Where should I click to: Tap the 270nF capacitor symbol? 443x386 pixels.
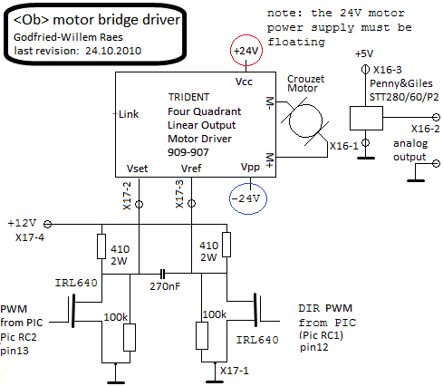[x=162, y=274]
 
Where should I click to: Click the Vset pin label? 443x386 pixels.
[x=137, y=169]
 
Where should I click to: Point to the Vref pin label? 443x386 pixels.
[x=191, y=169]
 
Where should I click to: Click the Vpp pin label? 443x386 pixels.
[x=250, y=167]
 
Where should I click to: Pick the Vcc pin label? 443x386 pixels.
[x=244, y=82]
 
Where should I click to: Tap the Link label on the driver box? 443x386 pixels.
[x=129, y=114]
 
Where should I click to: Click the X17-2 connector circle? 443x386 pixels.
[x=139, y=205]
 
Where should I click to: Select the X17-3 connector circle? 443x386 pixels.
[x=191, y=204]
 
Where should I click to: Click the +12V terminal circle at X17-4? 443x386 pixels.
[x=48, y=225]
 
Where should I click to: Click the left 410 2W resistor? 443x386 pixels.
[x=101, y=246]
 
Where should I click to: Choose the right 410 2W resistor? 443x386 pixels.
[x=226, y=245]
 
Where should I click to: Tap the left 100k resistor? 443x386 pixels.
[x=130, y=337]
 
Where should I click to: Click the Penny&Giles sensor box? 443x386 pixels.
[x=366, y=118]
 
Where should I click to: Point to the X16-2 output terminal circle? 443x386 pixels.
[x=436, y=117]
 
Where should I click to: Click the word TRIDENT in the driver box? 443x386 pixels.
[x=188, y=97]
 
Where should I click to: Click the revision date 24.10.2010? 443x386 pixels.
[x=113, y=51]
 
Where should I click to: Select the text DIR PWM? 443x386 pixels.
[x=325, y=308]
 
